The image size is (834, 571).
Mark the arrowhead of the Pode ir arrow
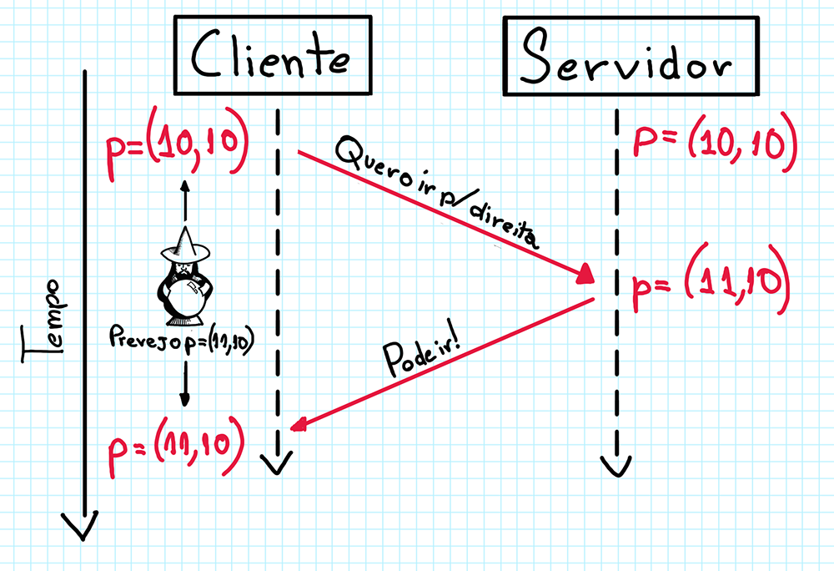[295, 426]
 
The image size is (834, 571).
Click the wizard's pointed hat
[185, 244]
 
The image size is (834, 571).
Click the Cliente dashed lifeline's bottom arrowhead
[276, 463]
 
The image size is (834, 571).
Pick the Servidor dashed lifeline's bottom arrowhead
[616, 463]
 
